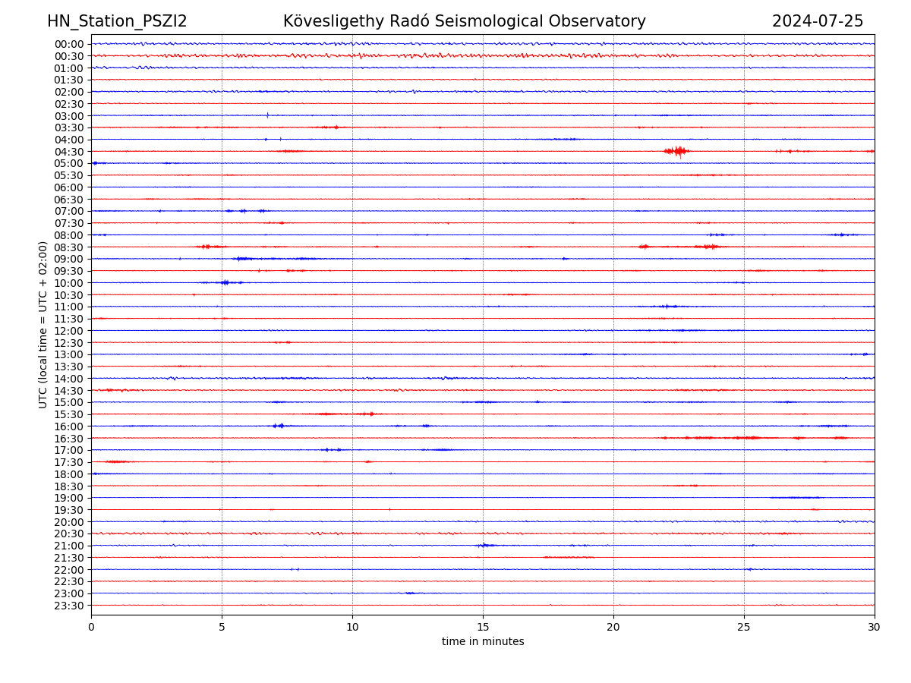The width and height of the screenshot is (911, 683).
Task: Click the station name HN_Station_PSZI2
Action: coord(117,21)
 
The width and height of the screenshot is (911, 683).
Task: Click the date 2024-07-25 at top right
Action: coord(818,21)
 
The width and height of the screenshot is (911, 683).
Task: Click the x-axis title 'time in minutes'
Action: coord(483,641)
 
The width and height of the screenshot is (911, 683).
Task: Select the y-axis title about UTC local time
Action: coord(43,324)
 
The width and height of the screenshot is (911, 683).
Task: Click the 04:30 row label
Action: coord(69,152)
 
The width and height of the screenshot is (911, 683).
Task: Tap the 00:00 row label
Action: coord(69,44)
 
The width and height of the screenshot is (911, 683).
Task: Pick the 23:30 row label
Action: coord(69,606)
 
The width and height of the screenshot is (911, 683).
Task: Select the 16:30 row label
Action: coord(69,439)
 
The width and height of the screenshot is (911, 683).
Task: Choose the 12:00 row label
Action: coord(69,331)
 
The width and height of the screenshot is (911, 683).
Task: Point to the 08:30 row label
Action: coord(69,247)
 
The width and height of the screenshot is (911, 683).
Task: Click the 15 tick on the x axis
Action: coord(483,627)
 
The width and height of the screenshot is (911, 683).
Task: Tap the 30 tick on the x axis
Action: coord(875,627)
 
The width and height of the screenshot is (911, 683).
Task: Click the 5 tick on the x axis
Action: coord(222,627)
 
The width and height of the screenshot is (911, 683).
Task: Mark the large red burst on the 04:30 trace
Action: coord(676,151)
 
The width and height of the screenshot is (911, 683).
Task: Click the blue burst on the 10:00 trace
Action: coord(225,282)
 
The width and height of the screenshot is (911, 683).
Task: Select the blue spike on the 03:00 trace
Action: coord(267,115)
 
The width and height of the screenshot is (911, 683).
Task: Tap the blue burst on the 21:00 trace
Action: coord(484,545)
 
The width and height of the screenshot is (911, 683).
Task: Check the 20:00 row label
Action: coord(69,522)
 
